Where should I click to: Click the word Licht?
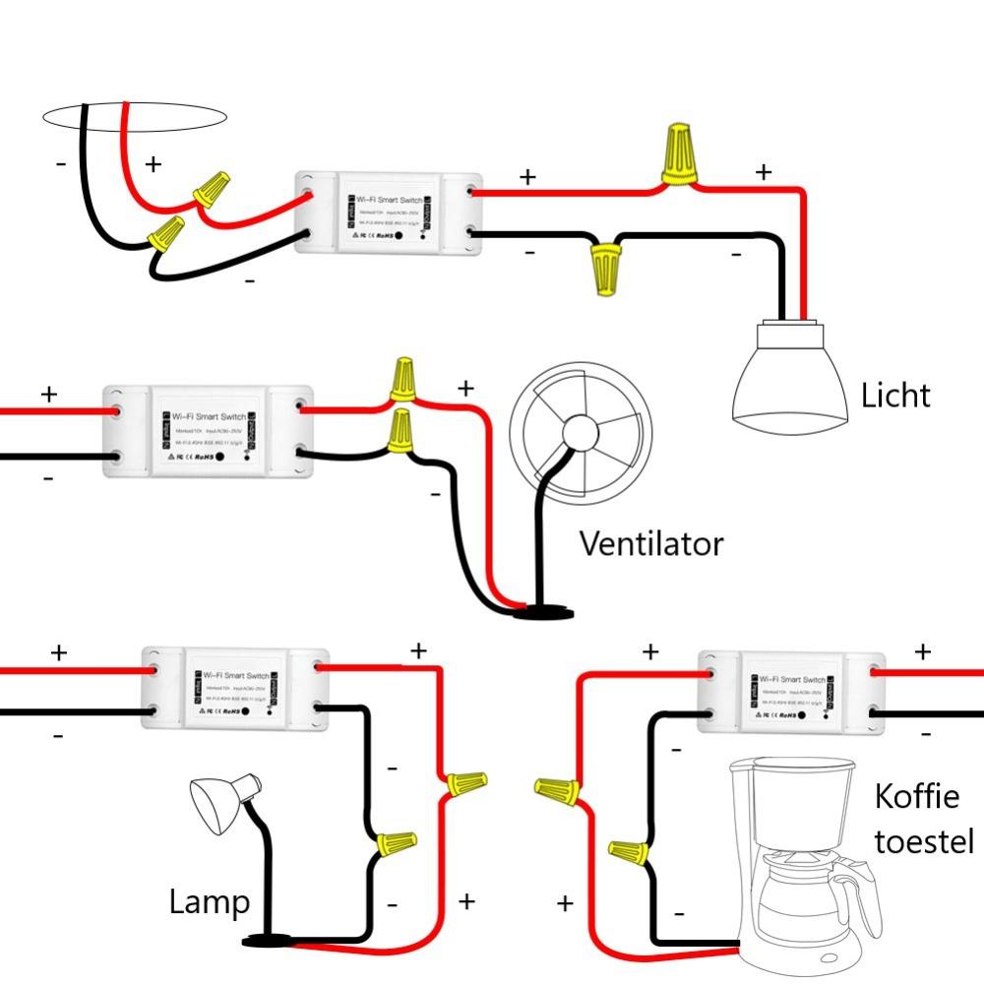tap(895, 396)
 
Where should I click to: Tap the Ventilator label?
tap(651, 543)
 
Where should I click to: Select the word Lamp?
tap(209, 902)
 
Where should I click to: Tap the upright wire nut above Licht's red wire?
tap(679, 154)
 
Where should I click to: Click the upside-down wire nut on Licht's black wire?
tap(605, 269)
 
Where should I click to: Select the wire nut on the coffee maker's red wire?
tap(557, 789)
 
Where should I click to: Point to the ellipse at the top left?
tap(135, 117)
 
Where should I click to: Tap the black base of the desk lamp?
tap(268, 941)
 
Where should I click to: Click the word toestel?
tap(924, 842)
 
